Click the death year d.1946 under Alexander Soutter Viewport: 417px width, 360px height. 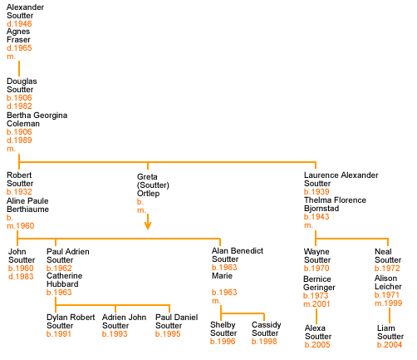[x=19, y=23]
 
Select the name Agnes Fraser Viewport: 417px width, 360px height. [x=18, y=36]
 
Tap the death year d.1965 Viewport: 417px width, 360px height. [x=19, y=48]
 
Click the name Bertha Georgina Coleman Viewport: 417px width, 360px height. [x=37, y=120]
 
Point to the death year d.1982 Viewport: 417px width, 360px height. [x=19, y=106]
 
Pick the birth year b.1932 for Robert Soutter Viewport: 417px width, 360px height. [x=19, y=192]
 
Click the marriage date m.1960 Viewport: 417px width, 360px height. [x=21, y=226]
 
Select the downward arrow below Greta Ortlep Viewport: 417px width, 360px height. [x=148, y=222]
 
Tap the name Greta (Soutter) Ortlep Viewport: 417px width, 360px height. [x=153, y=185]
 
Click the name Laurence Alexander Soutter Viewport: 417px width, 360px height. [x=341, y=180]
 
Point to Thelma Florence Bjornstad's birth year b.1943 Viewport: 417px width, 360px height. [x=316, y=217]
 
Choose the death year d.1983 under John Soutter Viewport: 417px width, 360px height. [x=21, y=277]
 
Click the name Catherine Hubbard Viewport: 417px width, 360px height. [x=65, y=280]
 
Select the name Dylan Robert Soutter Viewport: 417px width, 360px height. [x=71, y=322]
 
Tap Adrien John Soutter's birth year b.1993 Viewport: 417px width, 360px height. [x=115, y=334]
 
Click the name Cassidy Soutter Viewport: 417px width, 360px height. [x=267, y=329]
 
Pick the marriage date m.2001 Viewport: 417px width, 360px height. [x=316, y=304]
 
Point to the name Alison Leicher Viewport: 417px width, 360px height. [x=388, y=283]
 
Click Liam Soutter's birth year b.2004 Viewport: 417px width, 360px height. [x=390, y=345]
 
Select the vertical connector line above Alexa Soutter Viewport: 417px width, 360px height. [x=316, y=316]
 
